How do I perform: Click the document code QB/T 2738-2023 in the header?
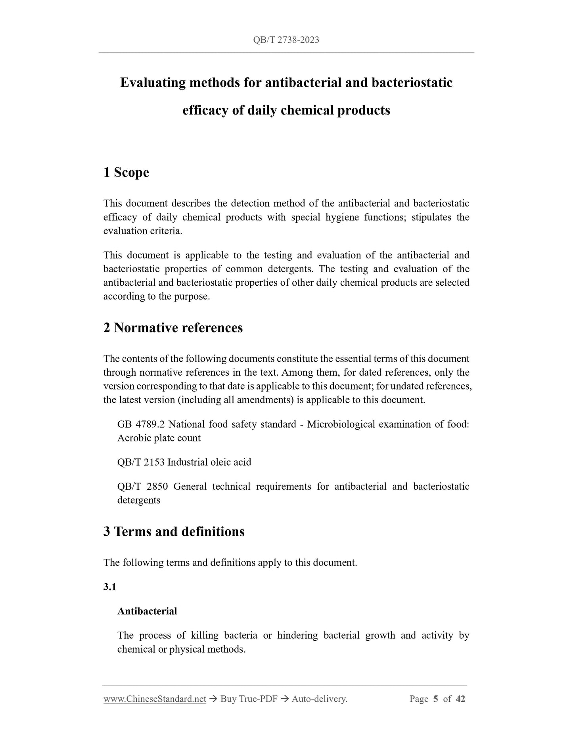click(x=286, y=40)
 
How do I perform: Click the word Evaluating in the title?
click(x=152, y=83)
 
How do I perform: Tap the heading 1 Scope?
click(x=126, y=172)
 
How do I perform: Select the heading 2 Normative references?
click(x=173, y=328)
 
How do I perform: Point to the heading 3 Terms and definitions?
click(x=174, y=531)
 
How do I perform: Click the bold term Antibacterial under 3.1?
click(x=147, y=611)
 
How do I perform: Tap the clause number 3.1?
click(x=110, y=587)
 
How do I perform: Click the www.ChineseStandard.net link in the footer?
click(x=155, y=699)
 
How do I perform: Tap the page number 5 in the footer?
click(x=435, y=699)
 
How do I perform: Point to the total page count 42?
click(x=460, y=699)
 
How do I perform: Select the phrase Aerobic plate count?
click(x=159, y=438)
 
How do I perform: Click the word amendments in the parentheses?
click(x=265, y=400)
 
